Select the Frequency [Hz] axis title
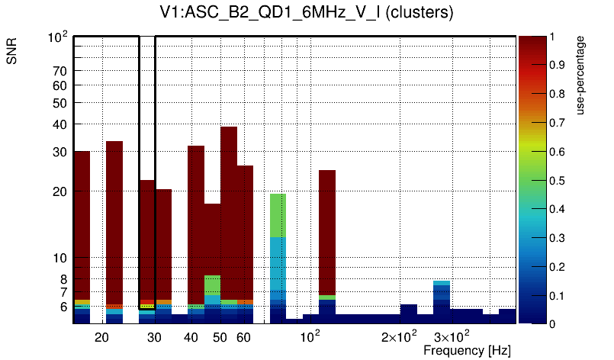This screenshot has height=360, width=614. [467, 350]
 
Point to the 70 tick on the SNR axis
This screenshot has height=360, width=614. [60, 71]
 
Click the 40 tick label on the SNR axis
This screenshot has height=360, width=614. [60, 124]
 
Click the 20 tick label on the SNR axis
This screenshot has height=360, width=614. [60, 191]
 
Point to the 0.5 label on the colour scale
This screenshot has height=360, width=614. [558, 181]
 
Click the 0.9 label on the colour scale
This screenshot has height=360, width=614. [558, 66]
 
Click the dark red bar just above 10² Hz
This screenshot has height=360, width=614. [327, 229]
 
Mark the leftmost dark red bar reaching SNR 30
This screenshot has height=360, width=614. [82, 221]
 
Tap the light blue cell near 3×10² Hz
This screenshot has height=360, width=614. [441, 284]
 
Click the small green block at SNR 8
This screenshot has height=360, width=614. [212, 284]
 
